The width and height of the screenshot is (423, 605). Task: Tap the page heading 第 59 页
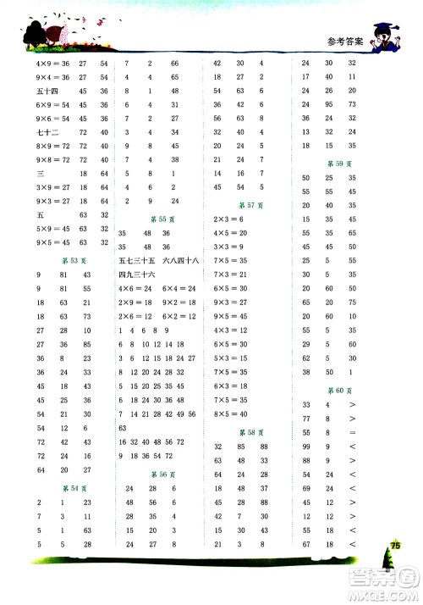click(x=336, y=163)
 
